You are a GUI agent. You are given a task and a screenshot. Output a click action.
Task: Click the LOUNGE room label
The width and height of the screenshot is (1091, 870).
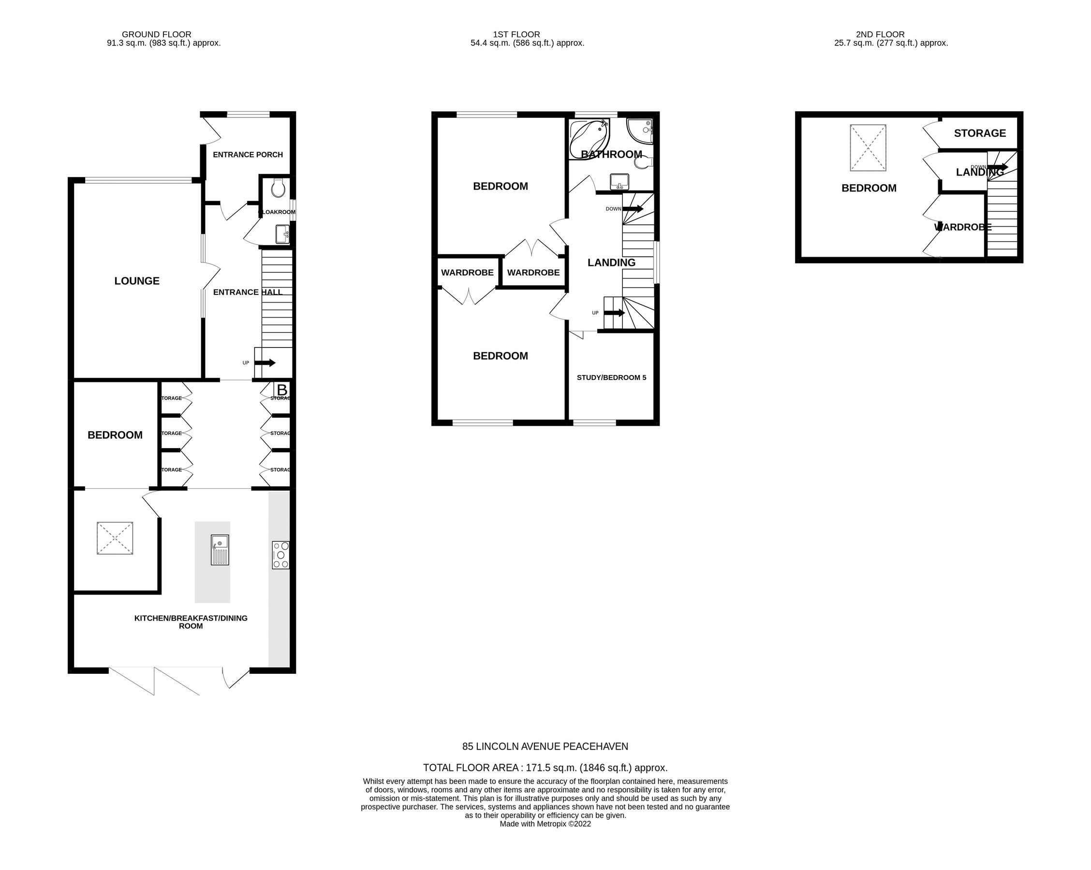137,281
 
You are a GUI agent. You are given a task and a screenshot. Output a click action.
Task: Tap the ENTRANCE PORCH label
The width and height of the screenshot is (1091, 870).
248,155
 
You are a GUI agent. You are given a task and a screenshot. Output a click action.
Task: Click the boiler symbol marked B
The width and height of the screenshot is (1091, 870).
282,390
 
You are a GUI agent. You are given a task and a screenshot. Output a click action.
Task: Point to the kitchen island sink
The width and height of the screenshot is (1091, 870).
220,550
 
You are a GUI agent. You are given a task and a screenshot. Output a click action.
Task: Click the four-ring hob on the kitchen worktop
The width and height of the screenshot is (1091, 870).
280,555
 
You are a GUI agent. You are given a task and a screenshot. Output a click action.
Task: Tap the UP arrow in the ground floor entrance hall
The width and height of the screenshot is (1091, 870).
265,362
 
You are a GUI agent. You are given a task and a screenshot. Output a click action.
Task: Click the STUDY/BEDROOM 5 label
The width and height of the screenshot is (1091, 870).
611,377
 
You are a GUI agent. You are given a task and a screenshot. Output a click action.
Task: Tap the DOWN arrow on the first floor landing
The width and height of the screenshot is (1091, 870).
633,208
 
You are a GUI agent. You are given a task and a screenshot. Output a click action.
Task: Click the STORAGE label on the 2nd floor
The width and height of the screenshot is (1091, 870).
980,133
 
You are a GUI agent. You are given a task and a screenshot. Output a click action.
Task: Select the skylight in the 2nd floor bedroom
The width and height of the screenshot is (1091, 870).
868,148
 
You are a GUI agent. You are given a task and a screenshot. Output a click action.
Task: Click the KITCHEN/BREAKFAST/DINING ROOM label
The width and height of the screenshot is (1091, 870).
191,622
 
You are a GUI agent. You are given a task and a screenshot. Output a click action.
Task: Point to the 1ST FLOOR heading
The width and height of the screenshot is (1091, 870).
516,34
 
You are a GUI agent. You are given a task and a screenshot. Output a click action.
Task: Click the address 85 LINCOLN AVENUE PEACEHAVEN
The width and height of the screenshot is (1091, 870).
545,746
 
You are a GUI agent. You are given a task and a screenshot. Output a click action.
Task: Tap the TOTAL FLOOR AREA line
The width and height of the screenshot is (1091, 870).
545,768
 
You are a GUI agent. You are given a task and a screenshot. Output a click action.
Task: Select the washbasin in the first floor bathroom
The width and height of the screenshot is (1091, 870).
619,181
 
